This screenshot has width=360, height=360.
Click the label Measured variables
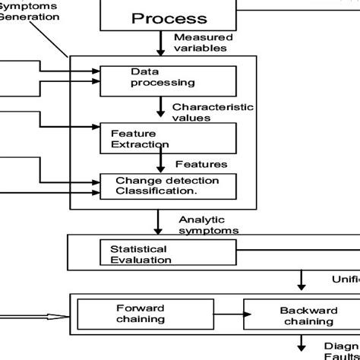click(203, 43)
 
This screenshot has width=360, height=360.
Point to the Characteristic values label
click(213, 112)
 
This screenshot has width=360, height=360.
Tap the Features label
click(201, 163)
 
